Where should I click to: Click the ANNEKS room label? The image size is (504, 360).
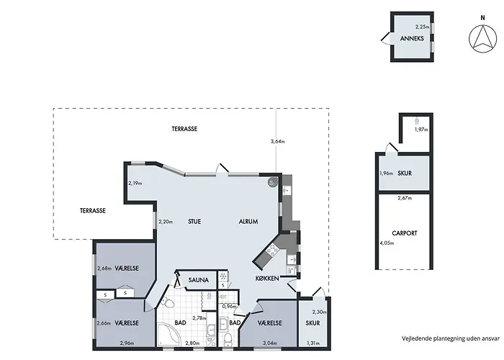point(412,39)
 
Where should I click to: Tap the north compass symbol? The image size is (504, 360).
point(482,38)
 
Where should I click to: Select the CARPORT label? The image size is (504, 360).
point(405,233)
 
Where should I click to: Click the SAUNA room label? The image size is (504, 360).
point(198,280)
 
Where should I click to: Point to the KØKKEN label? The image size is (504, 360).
point(267,279)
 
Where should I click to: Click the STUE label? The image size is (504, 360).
point(194,222)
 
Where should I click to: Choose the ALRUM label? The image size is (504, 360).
point(248,222)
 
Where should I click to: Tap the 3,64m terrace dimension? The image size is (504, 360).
point(279,141)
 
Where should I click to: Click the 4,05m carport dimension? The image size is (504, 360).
point(387,243)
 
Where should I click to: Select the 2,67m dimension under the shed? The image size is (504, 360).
point(405,198)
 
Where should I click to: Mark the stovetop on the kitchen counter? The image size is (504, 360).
point(273,251)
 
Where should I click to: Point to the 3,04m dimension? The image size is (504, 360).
point(270,343)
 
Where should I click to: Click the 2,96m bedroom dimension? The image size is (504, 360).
point(127,343)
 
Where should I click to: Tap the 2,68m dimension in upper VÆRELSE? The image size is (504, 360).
point(104,269)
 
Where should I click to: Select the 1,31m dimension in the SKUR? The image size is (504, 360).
point(313,343)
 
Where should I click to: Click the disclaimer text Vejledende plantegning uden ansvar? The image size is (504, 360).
point(451,338)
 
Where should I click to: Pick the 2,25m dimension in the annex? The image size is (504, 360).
point(422,27)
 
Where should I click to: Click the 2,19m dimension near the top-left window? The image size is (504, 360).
point(135,183)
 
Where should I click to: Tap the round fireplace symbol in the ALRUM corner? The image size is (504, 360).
point(273,182)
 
